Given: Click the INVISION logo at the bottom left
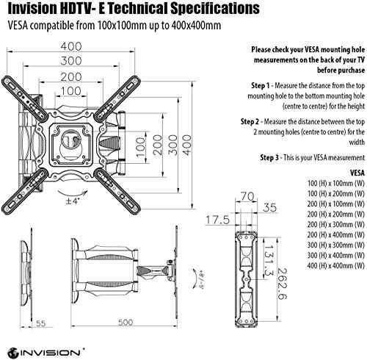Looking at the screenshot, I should pos(41,345).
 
